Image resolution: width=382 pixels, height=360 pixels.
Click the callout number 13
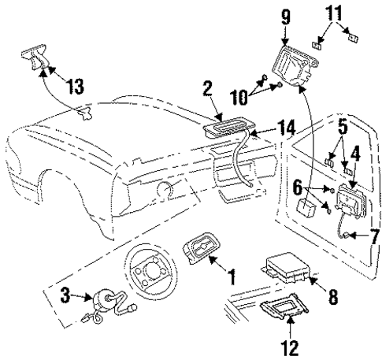pyautogui.click(x=76, y=87)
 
